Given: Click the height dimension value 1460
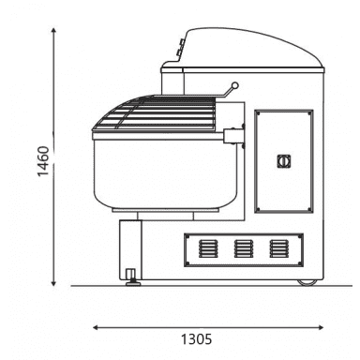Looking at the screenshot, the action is click(43, 161).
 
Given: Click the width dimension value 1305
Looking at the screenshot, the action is click(197, 339).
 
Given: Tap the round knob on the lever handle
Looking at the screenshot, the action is click(235, 85).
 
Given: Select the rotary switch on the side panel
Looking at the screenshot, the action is click(284, 161).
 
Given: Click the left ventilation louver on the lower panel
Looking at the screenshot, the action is click(208, 248).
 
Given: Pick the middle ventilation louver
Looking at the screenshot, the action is click(244, 248).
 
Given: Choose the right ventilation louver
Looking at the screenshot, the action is click(279, 248).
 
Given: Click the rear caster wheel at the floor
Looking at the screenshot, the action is click(307, 282).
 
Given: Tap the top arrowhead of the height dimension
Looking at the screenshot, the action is click(53, 30).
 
